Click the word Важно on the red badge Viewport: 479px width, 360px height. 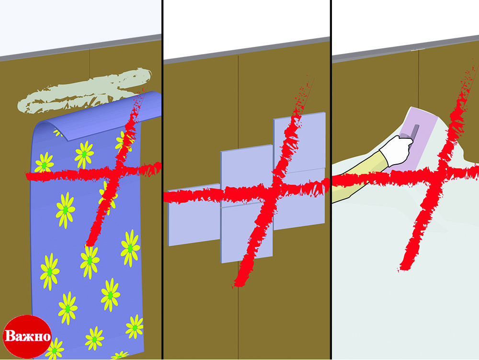tap(27, 336)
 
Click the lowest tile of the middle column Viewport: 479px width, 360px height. tap(247, 233)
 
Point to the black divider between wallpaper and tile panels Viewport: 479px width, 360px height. tap(162, 180)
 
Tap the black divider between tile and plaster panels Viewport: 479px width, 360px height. tap(331, 180)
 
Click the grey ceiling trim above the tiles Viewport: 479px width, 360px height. tap(247, 51)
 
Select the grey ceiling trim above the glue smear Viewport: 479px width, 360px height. tap(80, 47)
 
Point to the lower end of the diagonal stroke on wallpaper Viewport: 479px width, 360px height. tap(89, 244)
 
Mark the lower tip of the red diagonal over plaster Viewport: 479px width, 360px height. tap(400, 270)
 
